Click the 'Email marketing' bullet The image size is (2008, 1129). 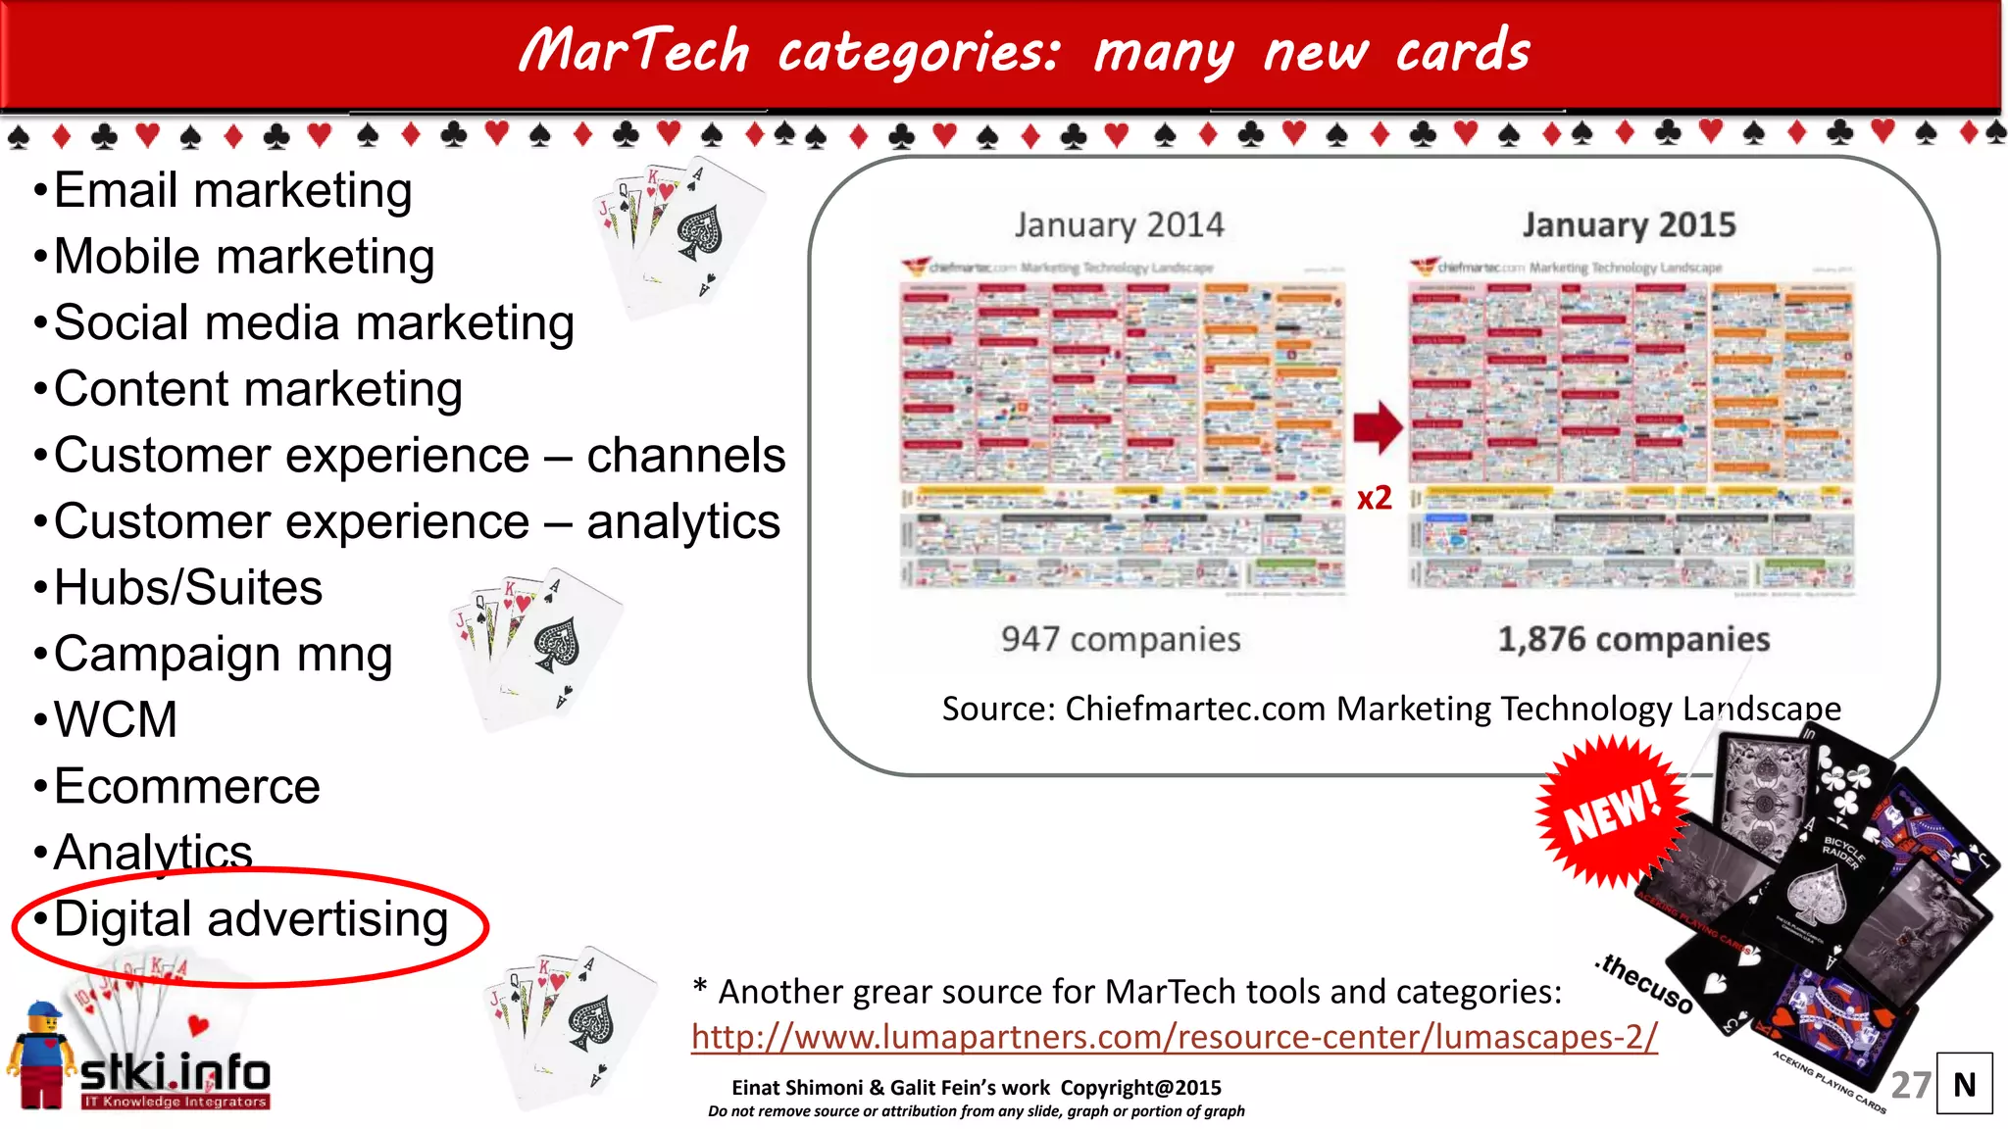tap(232, 190)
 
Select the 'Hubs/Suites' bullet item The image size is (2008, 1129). tap(187, 588)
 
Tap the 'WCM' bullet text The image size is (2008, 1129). tap(116, 720)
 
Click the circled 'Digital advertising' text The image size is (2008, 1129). tap(251, 919)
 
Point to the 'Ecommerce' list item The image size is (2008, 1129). tap(186, 787)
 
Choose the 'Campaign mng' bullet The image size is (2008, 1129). tap(223, 655)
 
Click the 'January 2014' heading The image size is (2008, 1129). tap(1119, 224)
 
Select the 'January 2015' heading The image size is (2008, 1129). tap(1629, 224)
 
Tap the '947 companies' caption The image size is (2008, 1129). tap(1121, 639)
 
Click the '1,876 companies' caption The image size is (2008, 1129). tap(1633, 639)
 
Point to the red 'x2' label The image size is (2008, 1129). tap(1374, 498)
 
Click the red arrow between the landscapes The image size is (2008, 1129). tap(1379, 426)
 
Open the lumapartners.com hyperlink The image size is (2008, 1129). tap(1174, 1037)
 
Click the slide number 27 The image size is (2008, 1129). tap(1910, 1085)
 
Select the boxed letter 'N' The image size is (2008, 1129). tap(1964, 1084)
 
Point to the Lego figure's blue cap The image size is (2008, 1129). tap(43, 1010)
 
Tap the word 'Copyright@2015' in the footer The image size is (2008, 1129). tap(1140, 1088)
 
